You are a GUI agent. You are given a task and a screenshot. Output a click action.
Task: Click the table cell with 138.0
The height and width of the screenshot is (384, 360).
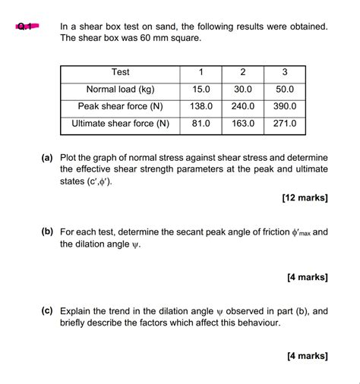201,106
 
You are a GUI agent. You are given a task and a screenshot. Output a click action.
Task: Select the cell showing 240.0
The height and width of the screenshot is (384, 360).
242,106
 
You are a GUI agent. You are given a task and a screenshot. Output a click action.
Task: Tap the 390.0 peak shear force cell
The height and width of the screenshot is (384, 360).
284,106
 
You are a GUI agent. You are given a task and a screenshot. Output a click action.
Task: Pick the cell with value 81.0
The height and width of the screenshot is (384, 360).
201,124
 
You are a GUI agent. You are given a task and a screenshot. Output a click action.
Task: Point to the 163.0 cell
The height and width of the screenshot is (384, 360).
242,124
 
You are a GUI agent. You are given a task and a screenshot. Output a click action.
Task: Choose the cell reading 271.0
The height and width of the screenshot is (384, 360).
284,124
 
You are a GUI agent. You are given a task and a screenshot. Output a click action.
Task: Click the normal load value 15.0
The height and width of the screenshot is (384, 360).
201,89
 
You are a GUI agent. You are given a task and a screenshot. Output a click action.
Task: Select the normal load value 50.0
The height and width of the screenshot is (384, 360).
284,89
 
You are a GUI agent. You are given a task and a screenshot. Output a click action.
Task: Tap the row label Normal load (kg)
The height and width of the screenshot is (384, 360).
120,89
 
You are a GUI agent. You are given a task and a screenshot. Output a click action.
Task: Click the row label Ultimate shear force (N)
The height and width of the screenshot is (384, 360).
120,124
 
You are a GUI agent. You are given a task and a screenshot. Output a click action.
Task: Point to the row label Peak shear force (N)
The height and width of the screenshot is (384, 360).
120,106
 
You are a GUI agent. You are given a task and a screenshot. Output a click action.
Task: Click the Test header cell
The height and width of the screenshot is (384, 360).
120,72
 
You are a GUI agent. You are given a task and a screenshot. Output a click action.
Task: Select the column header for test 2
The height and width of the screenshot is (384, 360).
242,72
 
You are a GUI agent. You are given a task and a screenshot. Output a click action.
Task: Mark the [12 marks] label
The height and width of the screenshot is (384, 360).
305,198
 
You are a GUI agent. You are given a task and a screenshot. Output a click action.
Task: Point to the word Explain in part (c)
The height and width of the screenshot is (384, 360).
78,310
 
